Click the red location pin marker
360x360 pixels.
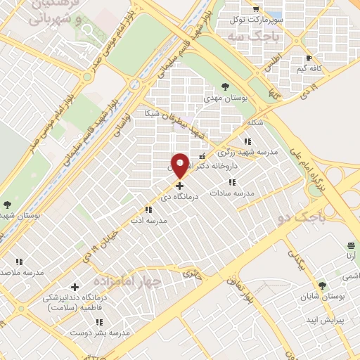(x=180, y=165)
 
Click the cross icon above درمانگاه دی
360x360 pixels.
(x=180, y=186)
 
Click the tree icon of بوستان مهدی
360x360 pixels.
(x=225, y=86)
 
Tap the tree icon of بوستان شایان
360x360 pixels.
(x=323, y=285)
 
